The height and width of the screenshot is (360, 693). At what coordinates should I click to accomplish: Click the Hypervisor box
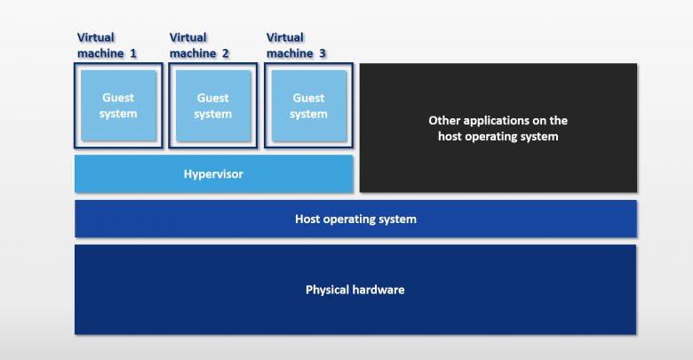click(213, 173)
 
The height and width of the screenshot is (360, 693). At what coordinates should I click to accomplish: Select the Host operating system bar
click(355, 219)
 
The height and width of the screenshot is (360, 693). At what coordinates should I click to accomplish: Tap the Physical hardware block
click(355, 289)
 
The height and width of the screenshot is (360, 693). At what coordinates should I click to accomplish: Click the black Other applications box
click(498, 128)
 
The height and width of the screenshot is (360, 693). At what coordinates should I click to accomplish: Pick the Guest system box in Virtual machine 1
click(118, 105)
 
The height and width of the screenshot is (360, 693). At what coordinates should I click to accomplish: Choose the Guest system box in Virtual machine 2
click(213, 106)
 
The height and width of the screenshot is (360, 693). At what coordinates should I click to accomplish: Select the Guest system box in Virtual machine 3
click(308, 106)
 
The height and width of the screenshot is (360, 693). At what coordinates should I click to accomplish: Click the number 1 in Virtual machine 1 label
click(132, 53)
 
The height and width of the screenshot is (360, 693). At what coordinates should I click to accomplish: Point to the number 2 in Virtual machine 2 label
click(225, 53)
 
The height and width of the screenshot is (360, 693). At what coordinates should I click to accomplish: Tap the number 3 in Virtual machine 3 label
click(323, 53)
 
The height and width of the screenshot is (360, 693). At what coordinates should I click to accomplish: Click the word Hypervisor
click(213, 174)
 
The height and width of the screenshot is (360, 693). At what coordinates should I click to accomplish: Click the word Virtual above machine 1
click(96, 37)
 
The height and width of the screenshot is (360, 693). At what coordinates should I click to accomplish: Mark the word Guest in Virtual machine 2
click(213, 98)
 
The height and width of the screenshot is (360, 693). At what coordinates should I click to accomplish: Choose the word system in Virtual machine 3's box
click(308, 114)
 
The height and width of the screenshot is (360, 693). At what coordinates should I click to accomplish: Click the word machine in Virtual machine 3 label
click(290, 53)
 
